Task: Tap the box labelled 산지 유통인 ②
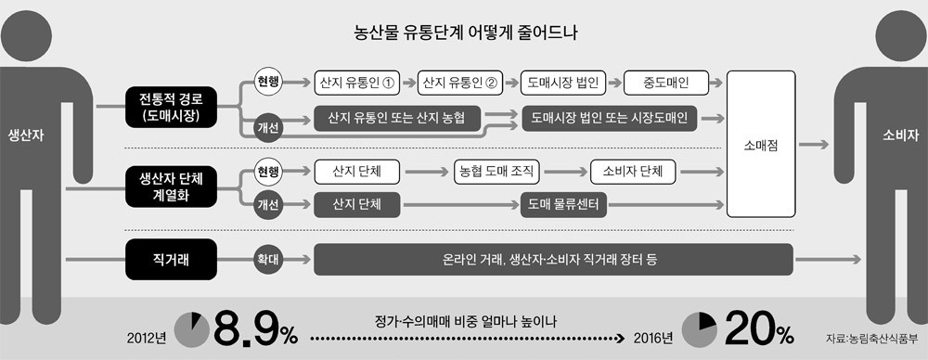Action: [x=460, y=83]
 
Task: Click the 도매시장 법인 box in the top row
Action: [x=562, y=83]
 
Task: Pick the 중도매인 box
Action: [x=666, y=83]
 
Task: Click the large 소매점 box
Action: [x=761, y=145]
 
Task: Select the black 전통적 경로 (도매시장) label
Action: [x=172, y=104]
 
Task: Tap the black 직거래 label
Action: [x=172, y=259]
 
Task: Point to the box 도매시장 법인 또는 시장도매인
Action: [x=610, y=119]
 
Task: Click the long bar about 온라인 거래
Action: [x=551, y=259]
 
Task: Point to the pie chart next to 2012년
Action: [x=191, y=329]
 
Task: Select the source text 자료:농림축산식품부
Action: [x=871, y=339]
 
